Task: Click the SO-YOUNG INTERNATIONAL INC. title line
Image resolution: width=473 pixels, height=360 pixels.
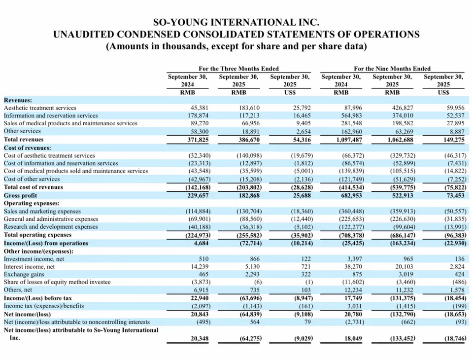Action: click(236, 22)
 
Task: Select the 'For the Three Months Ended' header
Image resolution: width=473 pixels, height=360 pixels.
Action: click(238, 69)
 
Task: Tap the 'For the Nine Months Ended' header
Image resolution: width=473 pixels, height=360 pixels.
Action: click(392, 69)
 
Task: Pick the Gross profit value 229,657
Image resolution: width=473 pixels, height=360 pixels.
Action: click(197, 195)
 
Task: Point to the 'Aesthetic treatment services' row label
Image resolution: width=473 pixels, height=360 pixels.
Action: click(40, 108)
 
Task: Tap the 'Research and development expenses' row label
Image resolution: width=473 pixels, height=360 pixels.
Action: click(51, 227)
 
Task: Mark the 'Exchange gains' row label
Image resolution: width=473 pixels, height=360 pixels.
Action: click(24, 274)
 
